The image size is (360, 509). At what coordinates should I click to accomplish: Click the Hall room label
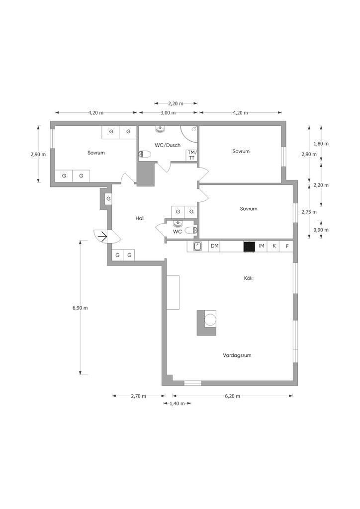[140, 219]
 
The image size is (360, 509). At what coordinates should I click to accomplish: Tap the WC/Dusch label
[168, 145]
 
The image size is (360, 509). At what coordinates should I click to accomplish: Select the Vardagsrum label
[237, 355]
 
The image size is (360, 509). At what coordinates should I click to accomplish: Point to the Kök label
[248, 278]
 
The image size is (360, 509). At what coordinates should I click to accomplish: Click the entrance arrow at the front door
[102, 237]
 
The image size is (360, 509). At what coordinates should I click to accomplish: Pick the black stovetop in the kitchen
[249, 247]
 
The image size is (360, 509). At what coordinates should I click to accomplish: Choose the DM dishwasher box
[215, 246]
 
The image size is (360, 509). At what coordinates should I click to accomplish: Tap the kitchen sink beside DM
[198, 247]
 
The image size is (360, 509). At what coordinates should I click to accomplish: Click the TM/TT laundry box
[191, 155]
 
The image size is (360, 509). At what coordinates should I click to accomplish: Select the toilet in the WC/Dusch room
[145, 155]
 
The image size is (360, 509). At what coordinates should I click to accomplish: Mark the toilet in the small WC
[191, 230]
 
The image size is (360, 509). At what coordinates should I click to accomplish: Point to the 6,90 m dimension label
[80, 308]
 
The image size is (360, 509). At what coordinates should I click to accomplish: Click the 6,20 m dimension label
[232, 396]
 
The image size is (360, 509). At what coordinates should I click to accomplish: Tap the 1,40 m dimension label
[177, 404]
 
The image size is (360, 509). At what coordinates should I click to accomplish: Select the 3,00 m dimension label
[168, 113]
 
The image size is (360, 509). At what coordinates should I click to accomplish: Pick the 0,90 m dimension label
[321, 230]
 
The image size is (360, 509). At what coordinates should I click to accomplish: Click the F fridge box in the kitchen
[287, 246]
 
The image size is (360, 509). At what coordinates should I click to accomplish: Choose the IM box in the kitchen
[262, 246]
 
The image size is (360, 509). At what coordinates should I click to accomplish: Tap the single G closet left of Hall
[108, 199]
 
